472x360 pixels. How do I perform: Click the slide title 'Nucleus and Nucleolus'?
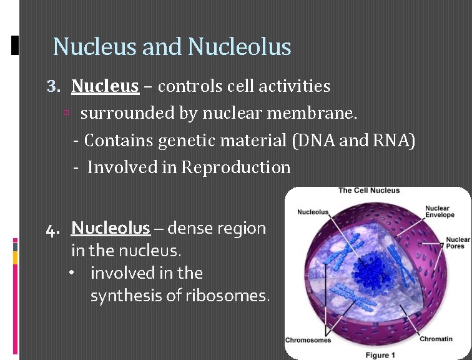coord(172,47)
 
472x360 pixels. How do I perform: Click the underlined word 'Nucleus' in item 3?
coord(105,86)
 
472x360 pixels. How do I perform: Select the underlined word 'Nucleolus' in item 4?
coord(111,228)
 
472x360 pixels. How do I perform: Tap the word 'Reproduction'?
coord(235,167)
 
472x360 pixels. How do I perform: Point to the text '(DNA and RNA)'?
coord(353,141)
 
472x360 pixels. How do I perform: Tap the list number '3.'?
coord(54,86)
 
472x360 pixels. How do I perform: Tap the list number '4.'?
coord(54,229)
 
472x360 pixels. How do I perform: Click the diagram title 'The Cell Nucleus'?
coord(369,191)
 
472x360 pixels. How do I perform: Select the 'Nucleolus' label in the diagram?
coord(313,212)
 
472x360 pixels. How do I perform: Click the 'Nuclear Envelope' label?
coord(440,212)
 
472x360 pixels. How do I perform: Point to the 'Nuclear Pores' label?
coord(458,243)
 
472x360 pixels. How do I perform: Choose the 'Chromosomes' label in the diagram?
coord(308,340)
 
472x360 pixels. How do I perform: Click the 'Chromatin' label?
coord(435,339)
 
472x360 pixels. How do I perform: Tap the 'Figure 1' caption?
coord(377,355)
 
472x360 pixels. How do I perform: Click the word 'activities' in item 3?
coord(297,86)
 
